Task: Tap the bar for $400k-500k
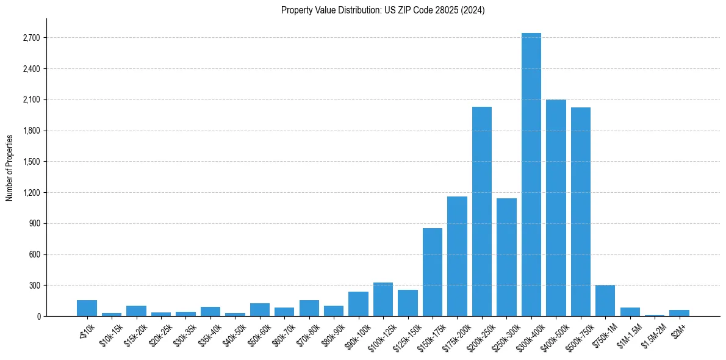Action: (x=556, y=207)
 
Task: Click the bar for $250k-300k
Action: (x=506, y=257)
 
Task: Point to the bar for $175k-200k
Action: (x=457, y=256)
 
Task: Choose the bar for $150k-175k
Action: (x=432, y=272)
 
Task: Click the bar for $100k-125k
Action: (x=383, y=300)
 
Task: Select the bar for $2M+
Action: (x=679, y=313)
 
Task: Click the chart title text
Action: (x=383, y=10)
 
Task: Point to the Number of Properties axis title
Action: (x=10, y=167)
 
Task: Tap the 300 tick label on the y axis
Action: (x=34, y=286)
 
